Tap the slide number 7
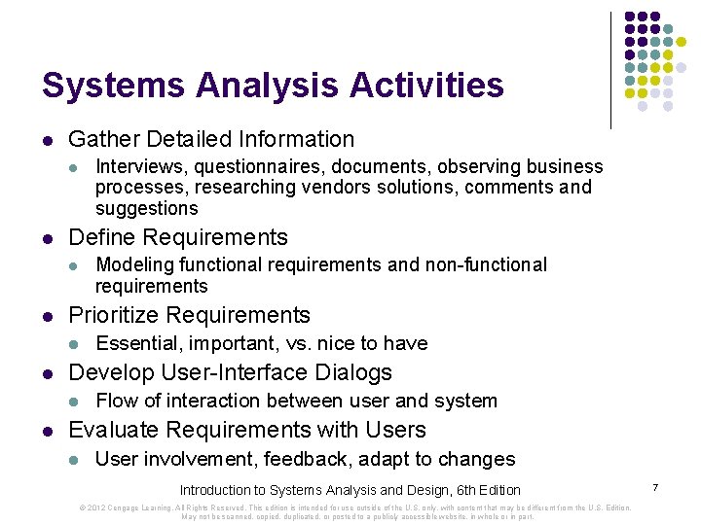pos(656,485)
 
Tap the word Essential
pos(136,343)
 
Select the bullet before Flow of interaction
pos(72,402)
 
